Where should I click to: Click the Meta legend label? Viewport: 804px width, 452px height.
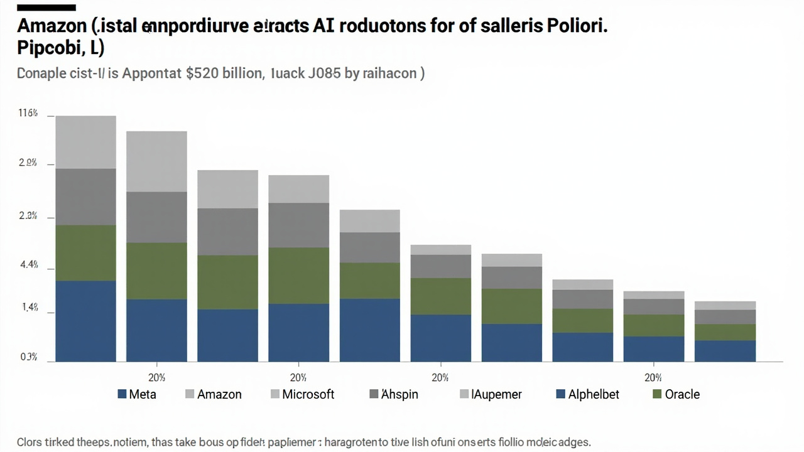(142, 395)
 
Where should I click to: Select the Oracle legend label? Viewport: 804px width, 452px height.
(683, 395)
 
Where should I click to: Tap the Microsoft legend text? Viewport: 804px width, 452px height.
(308, 395)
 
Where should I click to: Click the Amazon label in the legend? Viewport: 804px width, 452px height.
(219, 395)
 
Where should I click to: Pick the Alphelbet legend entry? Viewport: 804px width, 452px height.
(594, 395)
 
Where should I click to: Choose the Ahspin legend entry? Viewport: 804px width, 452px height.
(399, 395)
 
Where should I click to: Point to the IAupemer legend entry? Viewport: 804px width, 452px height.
(497, 395)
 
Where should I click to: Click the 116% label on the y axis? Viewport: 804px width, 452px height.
(28, 114)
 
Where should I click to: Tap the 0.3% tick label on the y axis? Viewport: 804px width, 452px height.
(29, 357)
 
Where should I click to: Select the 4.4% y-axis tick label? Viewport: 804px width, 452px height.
(29, 265)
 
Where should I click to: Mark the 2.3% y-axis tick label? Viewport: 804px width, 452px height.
(29, 216)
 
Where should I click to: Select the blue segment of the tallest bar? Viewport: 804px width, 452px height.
(86, 321)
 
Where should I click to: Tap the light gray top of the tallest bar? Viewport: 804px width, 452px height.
(86, 142)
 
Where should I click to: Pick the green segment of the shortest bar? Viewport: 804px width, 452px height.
(725, 332)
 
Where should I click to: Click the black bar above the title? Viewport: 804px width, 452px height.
(46, 8)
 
